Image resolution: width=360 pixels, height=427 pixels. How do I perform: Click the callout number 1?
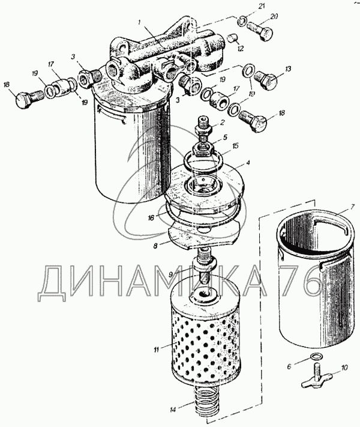tap(140, 22)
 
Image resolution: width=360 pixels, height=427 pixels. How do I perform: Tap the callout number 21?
tap(262, 7)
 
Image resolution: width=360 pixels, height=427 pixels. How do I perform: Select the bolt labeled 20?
tap(260, 31)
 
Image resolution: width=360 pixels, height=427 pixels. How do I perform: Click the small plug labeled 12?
tap(233, 38)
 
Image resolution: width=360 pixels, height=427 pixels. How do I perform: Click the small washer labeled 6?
tap(316, 356)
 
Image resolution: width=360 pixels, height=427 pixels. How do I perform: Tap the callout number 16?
tap(151, 217)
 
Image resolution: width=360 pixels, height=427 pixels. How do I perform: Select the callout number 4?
tap(248, 163)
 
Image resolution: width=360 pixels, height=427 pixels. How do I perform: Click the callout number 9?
tap(170, 275)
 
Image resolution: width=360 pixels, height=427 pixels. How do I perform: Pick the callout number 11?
tap(156, 350)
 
